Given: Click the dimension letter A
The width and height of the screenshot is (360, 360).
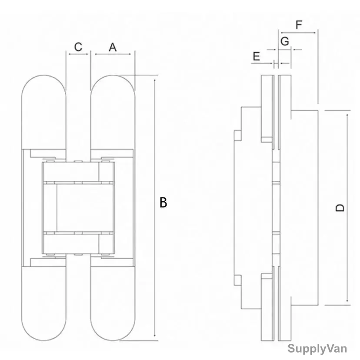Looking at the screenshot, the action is [113, 47].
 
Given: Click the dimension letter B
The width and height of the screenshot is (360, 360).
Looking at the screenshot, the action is [163, 202].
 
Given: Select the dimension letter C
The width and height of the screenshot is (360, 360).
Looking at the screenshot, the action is [78, 47].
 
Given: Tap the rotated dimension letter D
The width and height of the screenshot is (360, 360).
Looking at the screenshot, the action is [340, 208].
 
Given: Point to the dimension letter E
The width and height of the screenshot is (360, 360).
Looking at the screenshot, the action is [256, 57].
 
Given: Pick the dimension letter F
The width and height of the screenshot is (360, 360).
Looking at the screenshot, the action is [299, 25].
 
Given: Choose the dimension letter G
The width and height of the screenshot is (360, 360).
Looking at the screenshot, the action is [285, 42].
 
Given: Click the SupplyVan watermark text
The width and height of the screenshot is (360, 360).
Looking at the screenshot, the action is [317, 349].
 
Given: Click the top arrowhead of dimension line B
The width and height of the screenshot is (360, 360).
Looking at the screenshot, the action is [155, 80].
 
